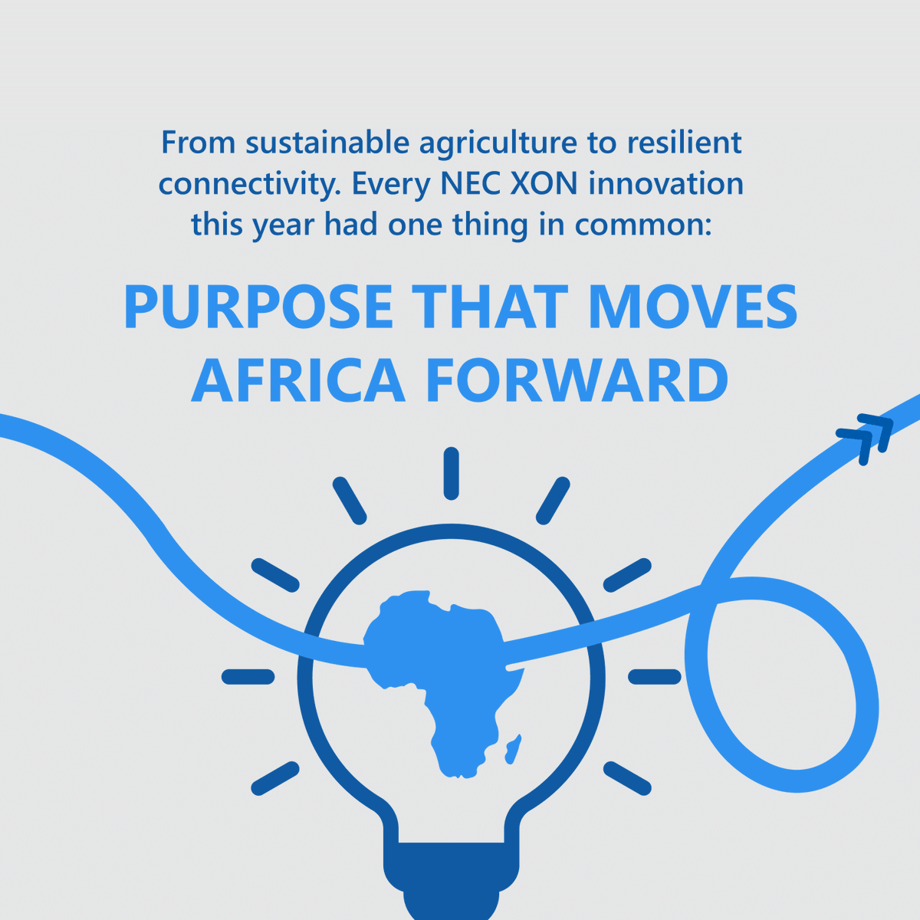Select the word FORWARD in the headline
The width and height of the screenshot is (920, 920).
coord(576,380)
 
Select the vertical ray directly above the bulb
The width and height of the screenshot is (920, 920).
coord(452,474)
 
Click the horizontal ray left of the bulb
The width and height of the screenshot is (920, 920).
coord(248,676)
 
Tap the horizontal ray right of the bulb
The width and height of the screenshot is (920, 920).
coord(655,676)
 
